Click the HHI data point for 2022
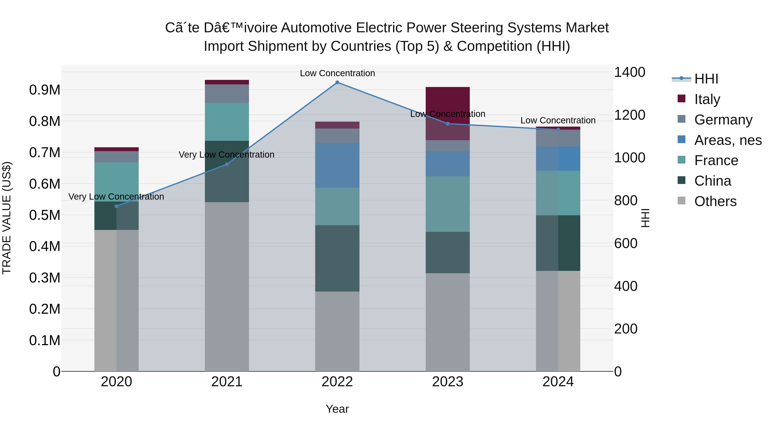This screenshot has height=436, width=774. (x=337, y=82)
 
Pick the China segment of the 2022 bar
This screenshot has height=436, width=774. (x=337, y=258)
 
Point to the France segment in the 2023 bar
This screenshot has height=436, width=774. (x=448, y=204)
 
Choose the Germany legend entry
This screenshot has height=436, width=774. (x=723, y=120)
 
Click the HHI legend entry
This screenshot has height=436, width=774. (x=706, y=79)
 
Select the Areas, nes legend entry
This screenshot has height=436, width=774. (x=727, y=140)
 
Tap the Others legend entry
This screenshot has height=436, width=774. (x=715, y=201)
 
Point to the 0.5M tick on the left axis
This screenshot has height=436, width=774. (x=45, y=215)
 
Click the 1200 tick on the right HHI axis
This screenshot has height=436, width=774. (x=629, y=115)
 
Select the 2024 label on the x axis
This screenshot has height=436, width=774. (x=558, y=382)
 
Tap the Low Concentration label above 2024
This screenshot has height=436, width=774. (x=558, y=120)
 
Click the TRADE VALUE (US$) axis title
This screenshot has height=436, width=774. (x=7, y=218)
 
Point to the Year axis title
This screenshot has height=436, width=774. (x=337, y=409)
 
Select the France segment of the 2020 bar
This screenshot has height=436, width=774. (x=117, y=182)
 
